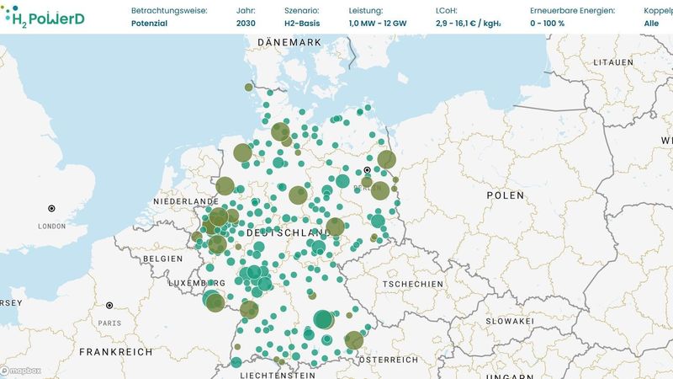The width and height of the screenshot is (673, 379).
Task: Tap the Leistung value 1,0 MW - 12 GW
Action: point(377,24)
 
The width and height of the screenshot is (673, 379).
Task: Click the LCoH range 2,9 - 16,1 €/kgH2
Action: point(469,24)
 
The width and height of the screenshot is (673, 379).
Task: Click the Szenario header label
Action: point(303,11)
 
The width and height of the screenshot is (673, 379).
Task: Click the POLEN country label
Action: point(505,195)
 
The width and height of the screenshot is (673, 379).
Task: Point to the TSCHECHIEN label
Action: point(412,285)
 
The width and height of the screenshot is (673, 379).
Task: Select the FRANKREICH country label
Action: point(115,351)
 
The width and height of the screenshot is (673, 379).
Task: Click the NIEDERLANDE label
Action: point(186,203)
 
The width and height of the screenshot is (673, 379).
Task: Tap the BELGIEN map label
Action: point(162,259)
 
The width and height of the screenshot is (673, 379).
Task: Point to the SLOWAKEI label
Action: point(507,321)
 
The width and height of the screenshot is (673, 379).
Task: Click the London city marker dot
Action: point(51,208)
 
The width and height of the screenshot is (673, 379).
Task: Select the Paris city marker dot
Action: point(109,305)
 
